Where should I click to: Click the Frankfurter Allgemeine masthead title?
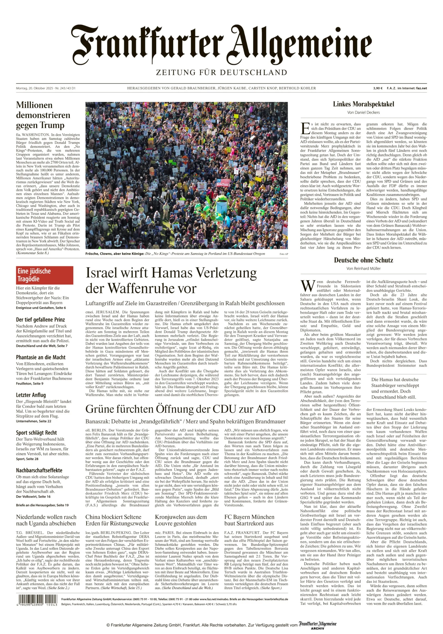click(221, 44)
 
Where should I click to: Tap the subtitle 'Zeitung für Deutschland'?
click(221, 73)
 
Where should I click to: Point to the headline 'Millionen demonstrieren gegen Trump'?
click(43, 115)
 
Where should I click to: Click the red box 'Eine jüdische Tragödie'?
click(44, 275)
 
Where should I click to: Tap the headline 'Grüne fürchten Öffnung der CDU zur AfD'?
click(180, 409)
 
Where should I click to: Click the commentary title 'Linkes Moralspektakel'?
click(363, 104)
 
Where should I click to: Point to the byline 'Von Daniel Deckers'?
click(363, 112)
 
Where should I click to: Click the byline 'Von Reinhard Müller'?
click(363, 268)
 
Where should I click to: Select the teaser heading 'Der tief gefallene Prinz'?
click(40, 320)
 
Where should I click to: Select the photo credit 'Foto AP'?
click(284, 254)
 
